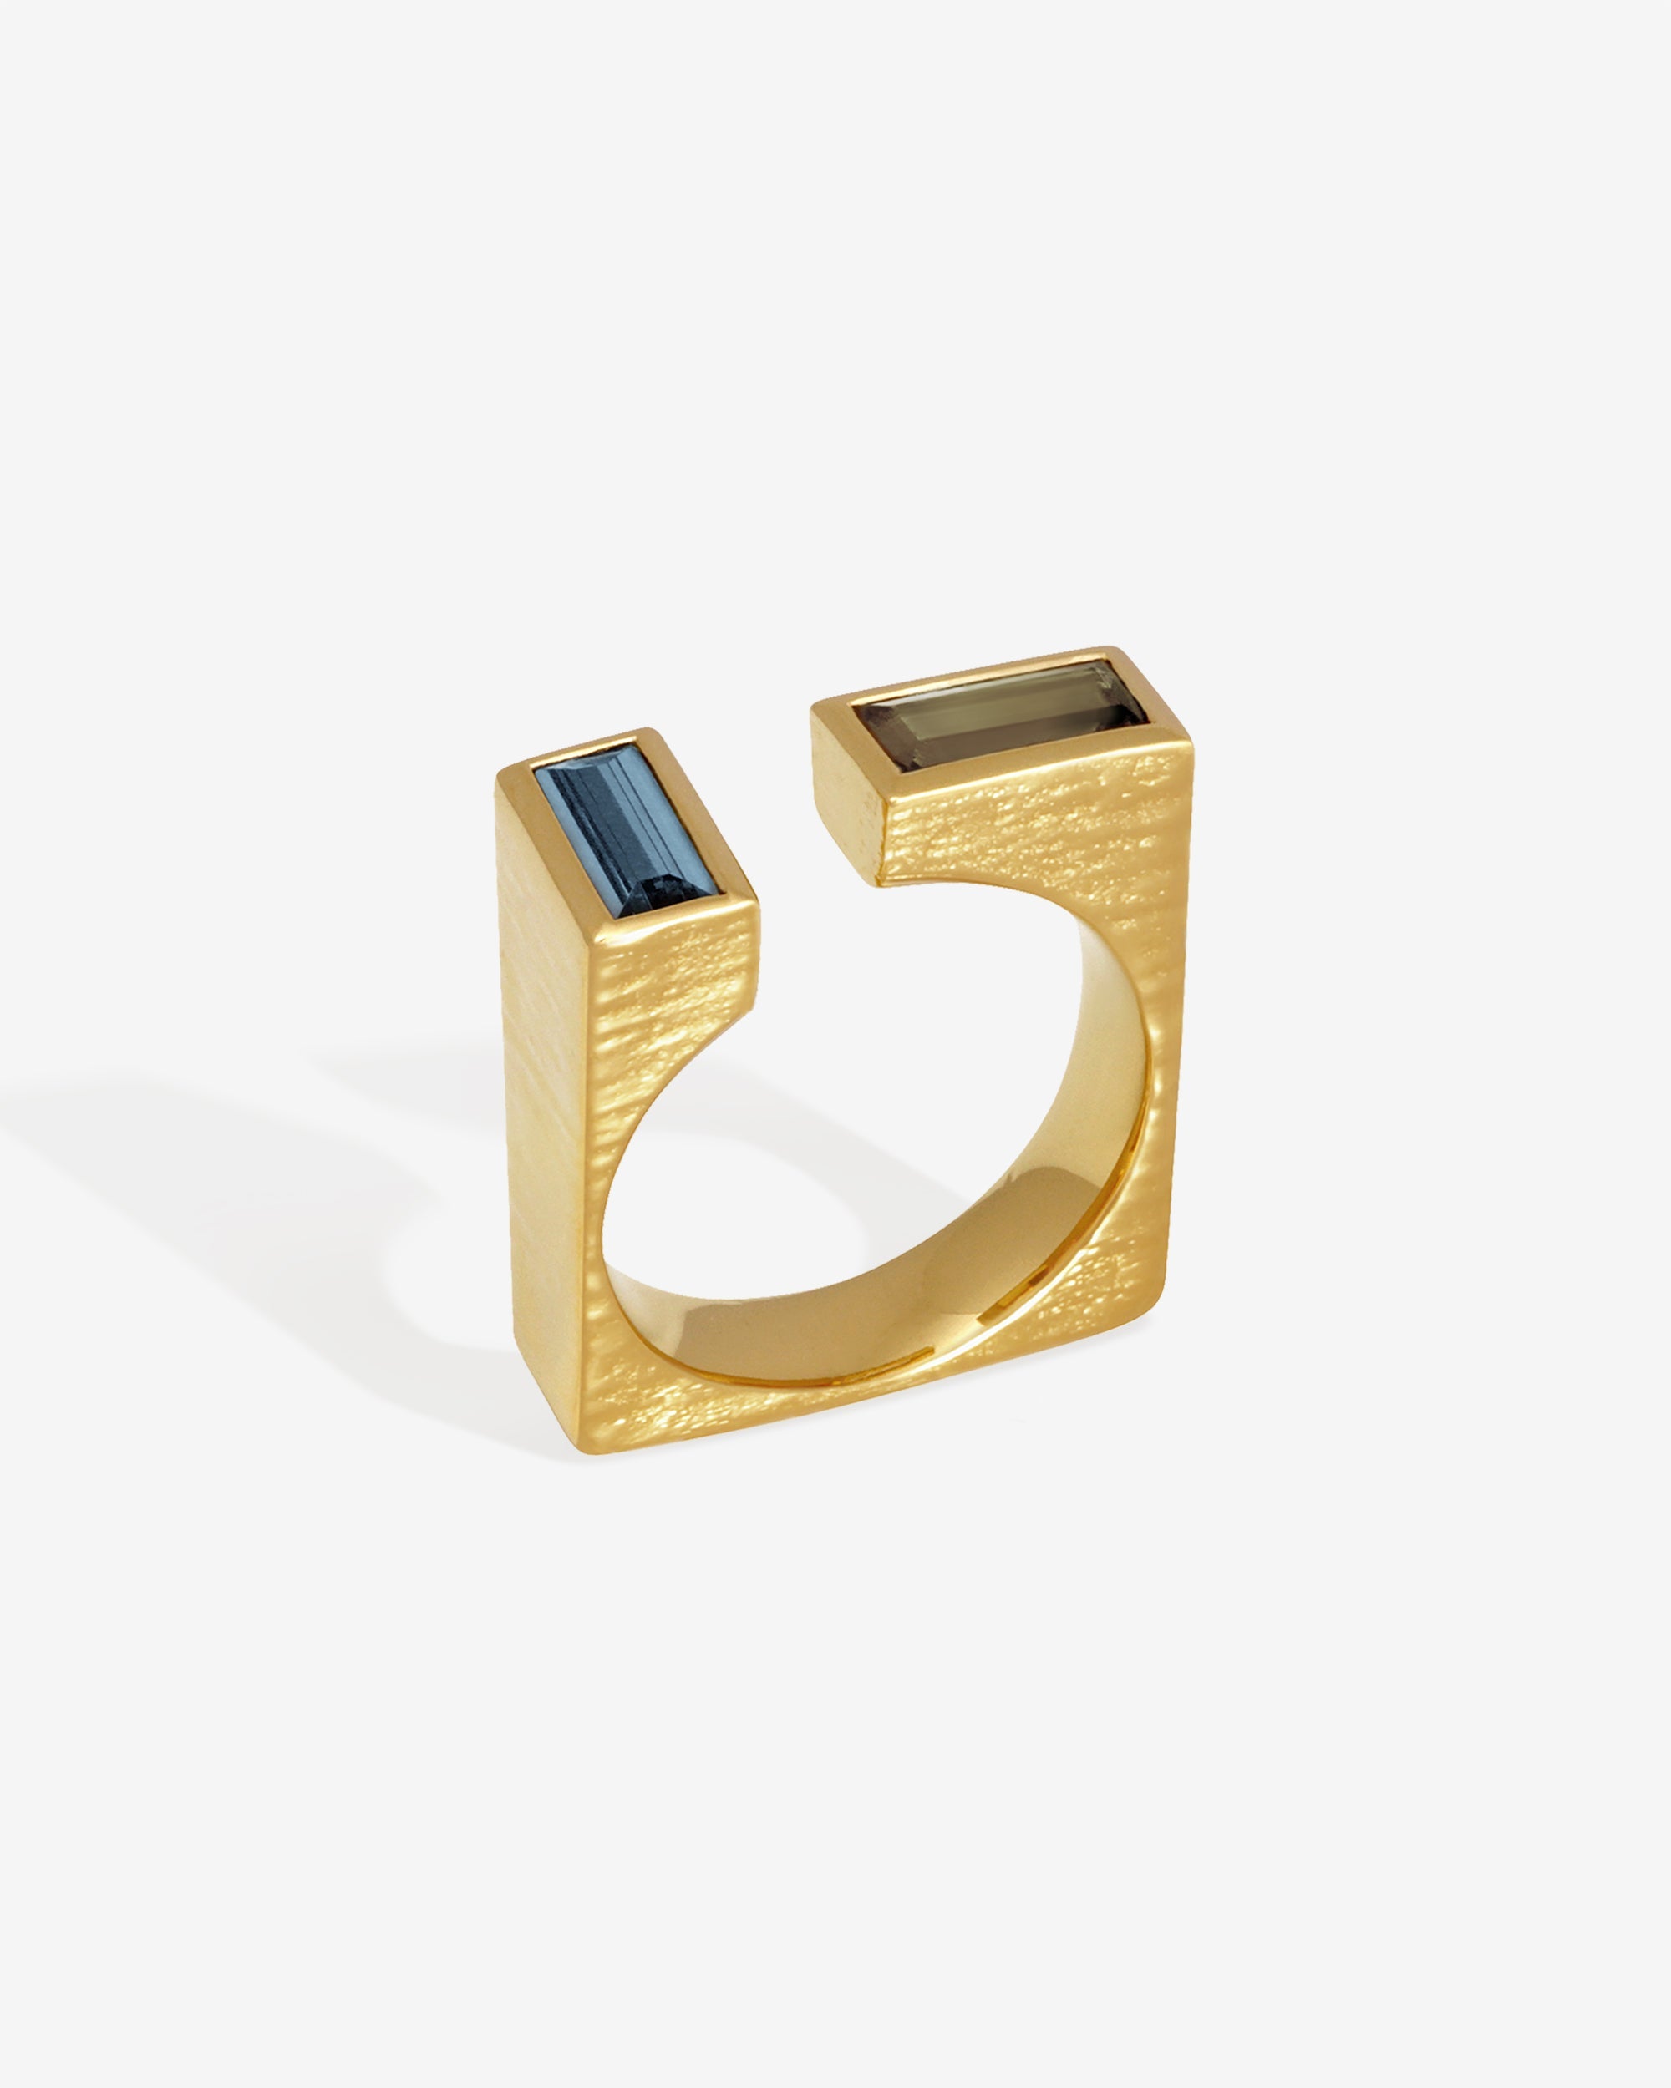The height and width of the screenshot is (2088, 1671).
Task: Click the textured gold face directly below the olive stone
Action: (x=1027, y=824)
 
